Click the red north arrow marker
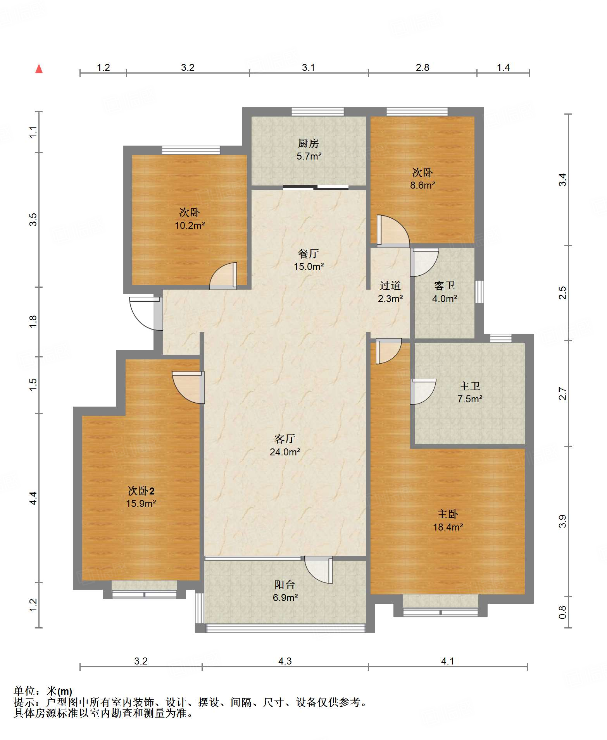tap(39, 69)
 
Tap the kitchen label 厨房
tap(309, 144)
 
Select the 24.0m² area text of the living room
tap(285, 452)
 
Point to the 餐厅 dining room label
tap(309, 254)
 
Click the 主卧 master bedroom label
tap(448, 514)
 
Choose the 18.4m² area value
tap(448, 527)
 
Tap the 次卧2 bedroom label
tap(141, 491)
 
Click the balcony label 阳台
tap(285, 585)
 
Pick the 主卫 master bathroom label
tap(470, 386)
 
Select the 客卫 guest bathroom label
tap(445, 286)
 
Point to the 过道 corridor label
tap(390, 286)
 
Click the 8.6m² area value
tap(422, 185)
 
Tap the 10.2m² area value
tap(190, 225)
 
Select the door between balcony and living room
tap(319, 570)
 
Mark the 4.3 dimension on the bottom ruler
tap(285, 661)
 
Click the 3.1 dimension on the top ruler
tap(309, 67)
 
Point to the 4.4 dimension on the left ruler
tap(33, 498)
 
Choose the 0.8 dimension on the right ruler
tap(562, 612)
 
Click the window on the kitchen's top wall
tap(318, 112)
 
